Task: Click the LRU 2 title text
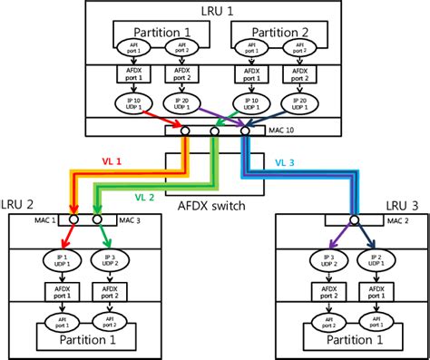click(19, 204)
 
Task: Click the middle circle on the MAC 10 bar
click(215, 131)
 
